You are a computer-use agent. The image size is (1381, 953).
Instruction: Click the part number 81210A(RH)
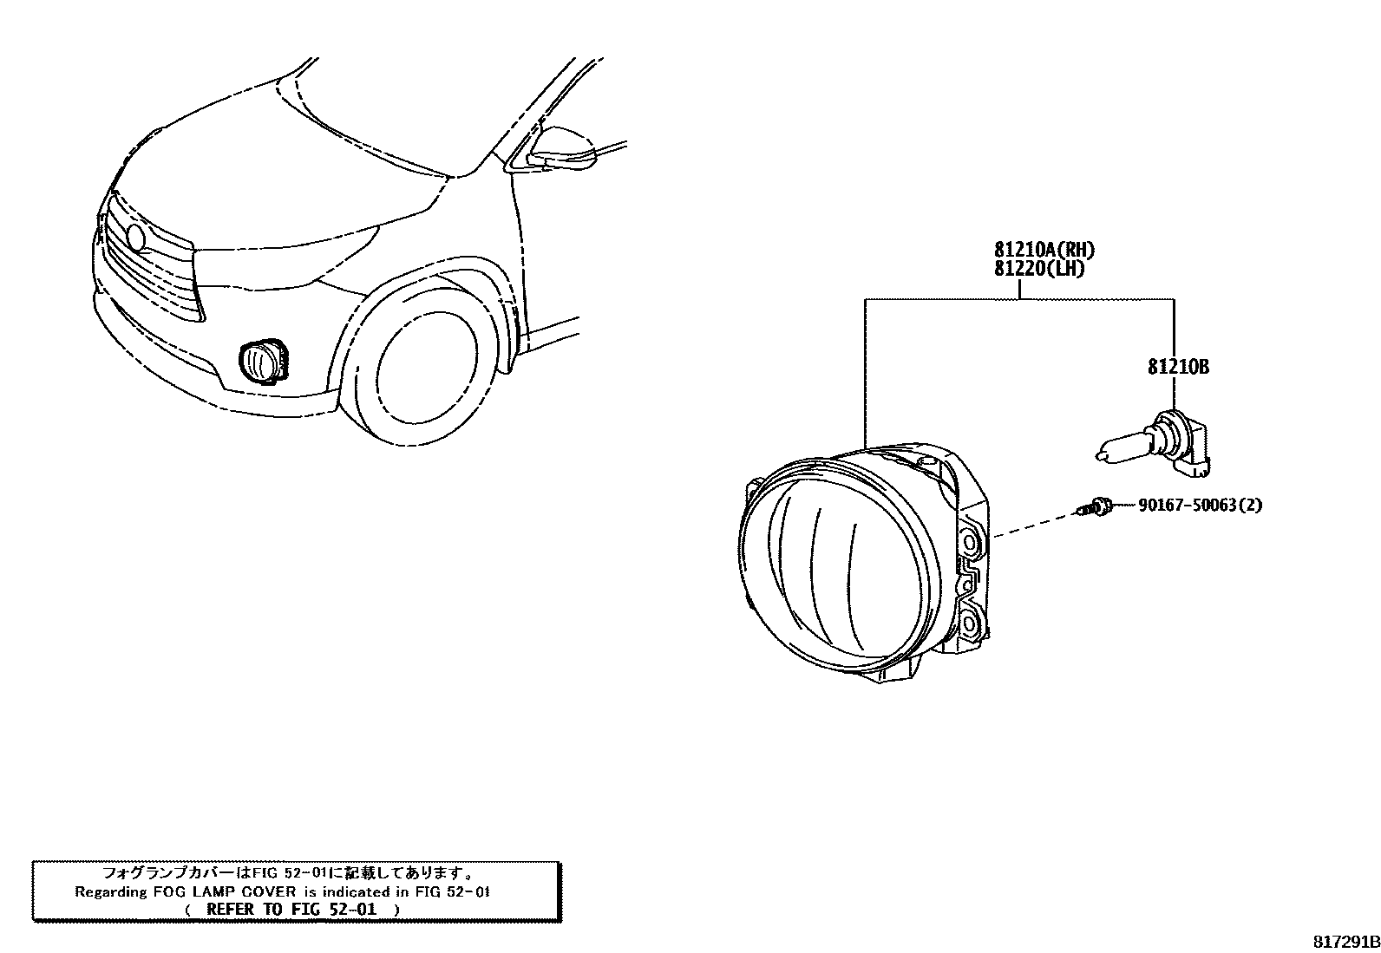click(x=1044, y=251)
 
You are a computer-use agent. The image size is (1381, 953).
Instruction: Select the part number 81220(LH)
click(x=1039, y=269)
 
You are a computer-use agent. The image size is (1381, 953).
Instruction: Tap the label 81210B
click(x=1178, y=367)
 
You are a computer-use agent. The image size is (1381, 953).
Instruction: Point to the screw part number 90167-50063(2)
click(x=1200, y=505)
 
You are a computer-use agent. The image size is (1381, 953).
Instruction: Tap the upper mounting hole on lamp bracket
click(x=971, y=543)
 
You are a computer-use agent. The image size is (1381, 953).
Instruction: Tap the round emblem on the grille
click(x=136, y=236)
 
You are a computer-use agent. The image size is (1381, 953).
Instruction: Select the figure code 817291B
click(x=1345, y=942)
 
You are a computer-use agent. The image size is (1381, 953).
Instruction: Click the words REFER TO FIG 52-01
click(x=291, y=910)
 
